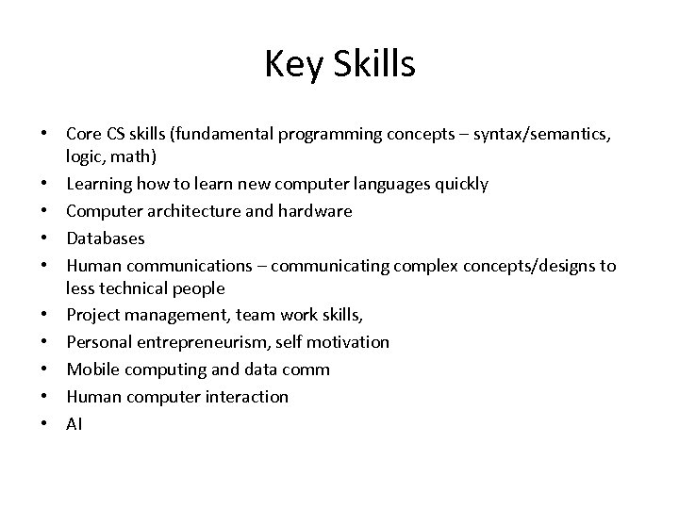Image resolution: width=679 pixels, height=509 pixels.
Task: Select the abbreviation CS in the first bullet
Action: pos(117,134)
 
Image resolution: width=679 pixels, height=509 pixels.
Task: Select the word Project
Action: pos(93,315)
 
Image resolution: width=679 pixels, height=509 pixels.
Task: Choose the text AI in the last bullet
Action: pos(75,424)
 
